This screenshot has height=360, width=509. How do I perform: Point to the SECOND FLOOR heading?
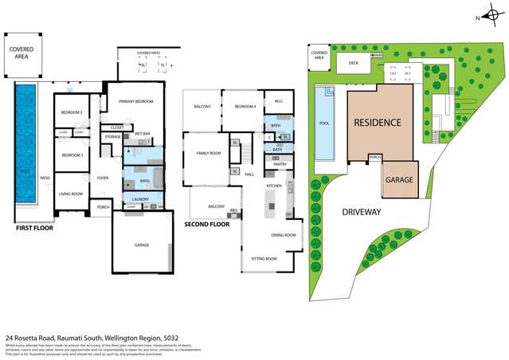(x=207, y=224)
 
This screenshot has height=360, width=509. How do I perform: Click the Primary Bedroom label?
(x=135, y=101)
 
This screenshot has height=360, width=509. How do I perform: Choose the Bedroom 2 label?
(x=72, y=112)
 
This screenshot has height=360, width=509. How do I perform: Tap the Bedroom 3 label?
(x=72, y=155)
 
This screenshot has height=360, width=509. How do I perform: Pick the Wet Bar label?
(x=143, y=133)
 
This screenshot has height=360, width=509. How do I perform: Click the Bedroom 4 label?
(x=245, y=107)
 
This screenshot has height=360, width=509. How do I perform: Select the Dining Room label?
(x=284, y=234)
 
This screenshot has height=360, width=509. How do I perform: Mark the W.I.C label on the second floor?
(x=279, y=101)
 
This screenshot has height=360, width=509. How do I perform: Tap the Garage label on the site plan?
(x=399, y=180)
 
